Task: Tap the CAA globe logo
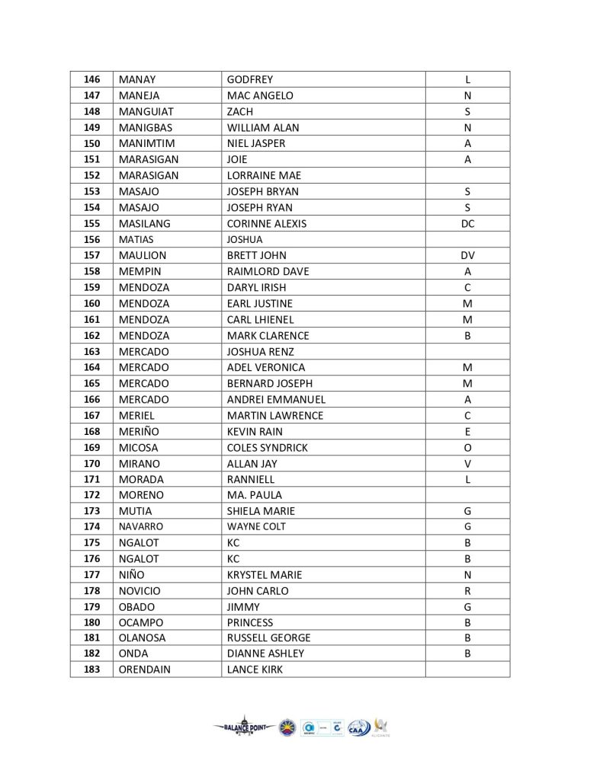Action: (x=358, y=727)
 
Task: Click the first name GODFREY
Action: (x=250, y=79)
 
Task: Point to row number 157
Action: (x=91, y=255)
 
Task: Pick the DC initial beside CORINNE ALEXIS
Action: (x=467, y=223)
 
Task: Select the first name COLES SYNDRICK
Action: (x=267, y=447)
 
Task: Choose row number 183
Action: (x=91, y=670)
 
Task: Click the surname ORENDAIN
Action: (x=145, y=670)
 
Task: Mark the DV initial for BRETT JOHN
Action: (x=467, y=255)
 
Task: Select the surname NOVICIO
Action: (x=140, y=590)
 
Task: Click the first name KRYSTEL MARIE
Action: (x=264, y=574)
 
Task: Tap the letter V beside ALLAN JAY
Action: (x=467, y=463)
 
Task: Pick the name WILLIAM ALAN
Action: (x=263, y=127)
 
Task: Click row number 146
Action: (x=91, y=79)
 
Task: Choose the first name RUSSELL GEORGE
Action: (x=268, y=638)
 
